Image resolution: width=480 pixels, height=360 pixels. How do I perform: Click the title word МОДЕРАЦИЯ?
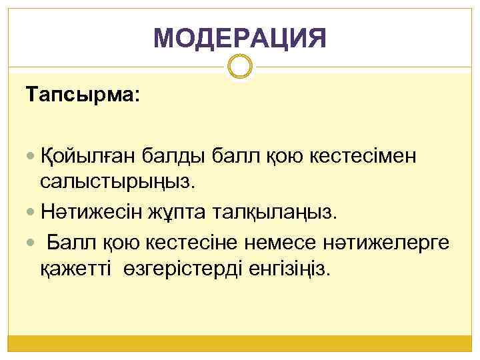[240, 39]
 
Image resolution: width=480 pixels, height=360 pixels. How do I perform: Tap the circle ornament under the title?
[240, 67]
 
